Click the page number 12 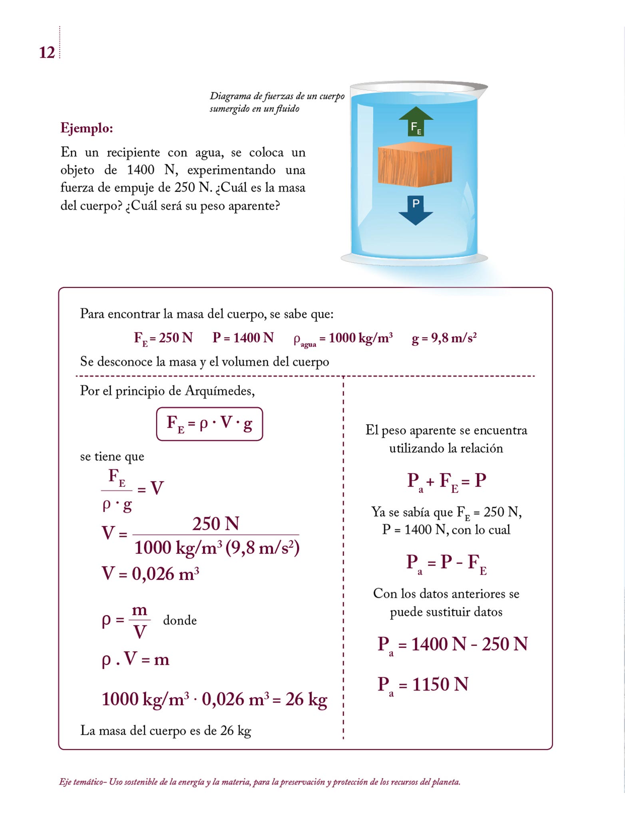47,52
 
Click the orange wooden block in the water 415,166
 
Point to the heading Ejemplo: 87,128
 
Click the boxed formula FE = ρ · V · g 209,424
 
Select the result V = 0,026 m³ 150,574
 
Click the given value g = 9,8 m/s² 444,338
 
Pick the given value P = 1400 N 243,338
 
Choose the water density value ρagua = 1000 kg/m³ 343,339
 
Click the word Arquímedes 219,391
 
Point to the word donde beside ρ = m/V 180,620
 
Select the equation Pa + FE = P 446,481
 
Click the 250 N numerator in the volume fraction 216,524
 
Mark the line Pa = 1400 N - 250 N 452,644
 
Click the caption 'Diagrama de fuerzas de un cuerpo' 277,96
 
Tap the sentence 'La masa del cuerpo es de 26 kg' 165,731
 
